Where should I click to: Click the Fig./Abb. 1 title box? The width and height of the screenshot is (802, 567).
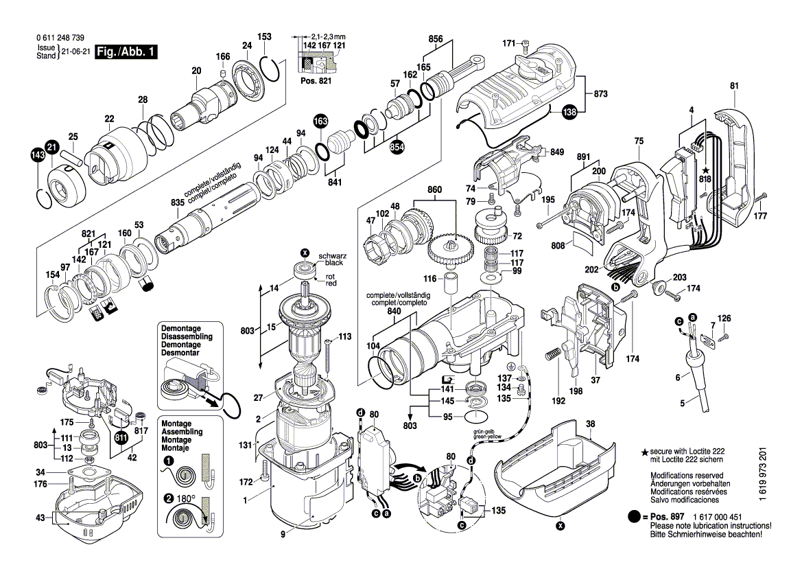126,52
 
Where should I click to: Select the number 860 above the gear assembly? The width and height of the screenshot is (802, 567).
435,190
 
